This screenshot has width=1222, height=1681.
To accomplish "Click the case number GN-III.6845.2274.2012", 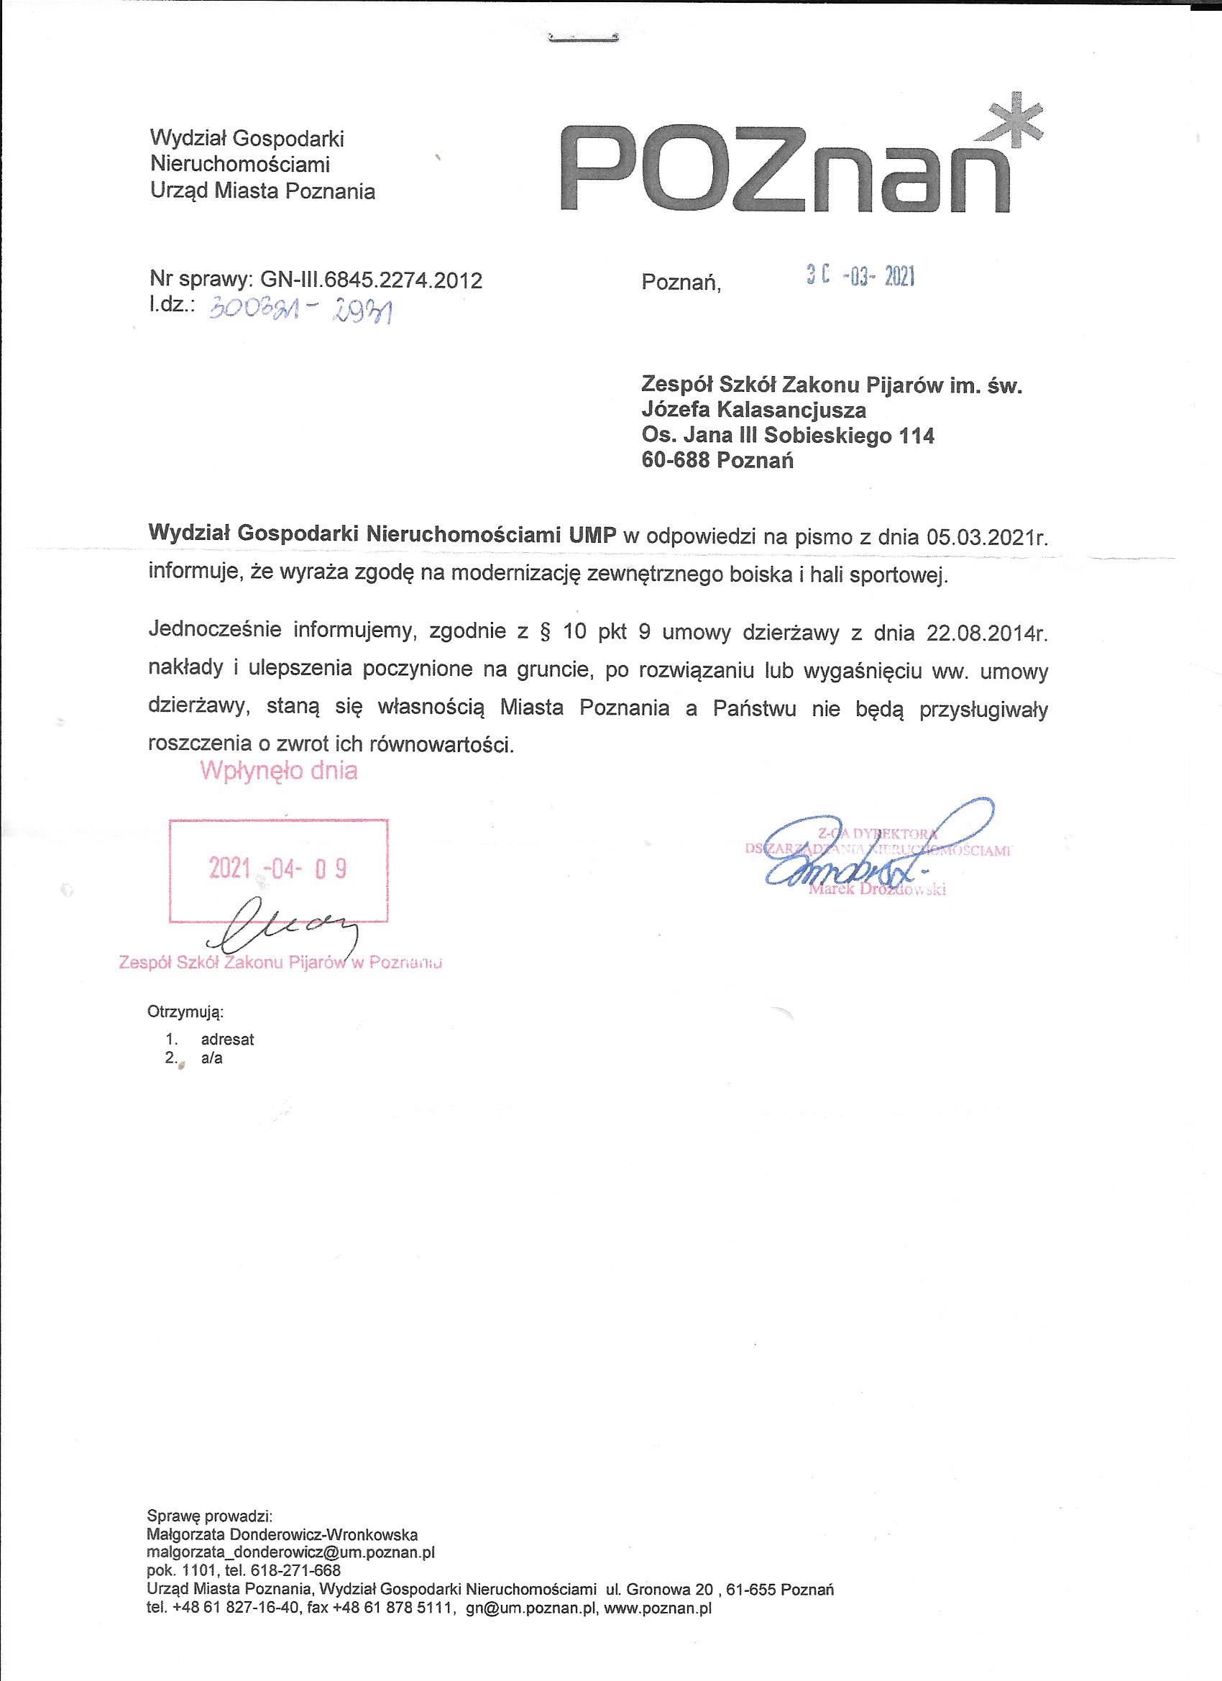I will coord(370,280).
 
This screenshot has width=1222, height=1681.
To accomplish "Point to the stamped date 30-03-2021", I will coord(860,278).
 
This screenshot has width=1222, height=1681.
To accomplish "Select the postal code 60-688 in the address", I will coord(675,460).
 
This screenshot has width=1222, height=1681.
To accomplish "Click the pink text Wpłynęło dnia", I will coord(279,771).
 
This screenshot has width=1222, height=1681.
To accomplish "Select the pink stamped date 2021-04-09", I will coord(278,868).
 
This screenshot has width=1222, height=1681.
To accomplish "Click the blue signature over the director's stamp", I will coord(874,852).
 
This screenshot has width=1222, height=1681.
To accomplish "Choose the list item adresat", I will coord(227,1039).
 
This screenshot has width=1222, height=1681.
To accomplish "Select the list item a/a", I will coord(212,1058).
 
